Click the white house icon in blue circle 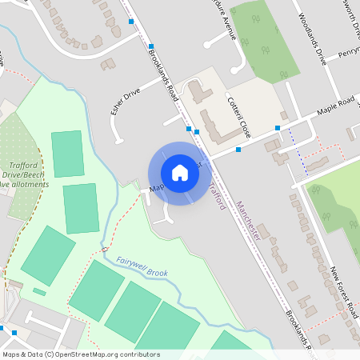[180, 173]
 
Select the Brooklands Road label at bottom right [303, 336]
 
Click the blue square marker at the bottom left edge [2, 328]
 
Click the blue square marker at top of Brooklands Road [131, 22]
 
